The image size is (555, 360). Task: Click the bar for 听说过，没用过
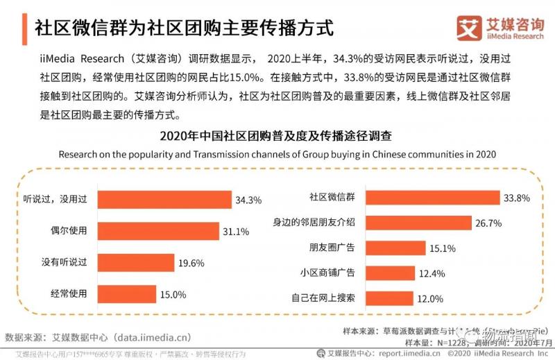click(x=164, y=200)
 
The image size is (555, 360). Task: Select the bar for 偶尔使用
click(x=158, y=231)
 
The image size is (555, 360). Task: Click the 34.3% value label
click(x=248, y=200)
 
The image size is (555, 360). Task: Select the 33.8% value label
click(x=517, y=198)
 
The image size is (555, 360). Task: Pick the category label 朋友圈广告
click(x=333, y=248)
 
